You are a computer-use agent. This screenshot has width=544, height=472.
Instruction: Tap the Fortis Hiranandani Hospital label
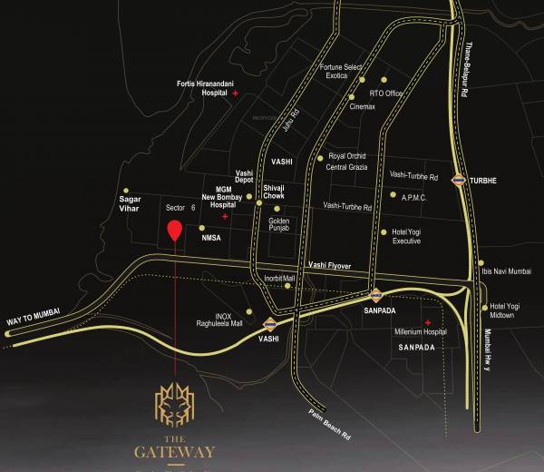(x=201, y=89)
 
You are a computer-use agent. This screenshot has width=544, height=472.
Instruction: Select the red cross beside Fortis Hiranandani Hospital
(x=235, y=93)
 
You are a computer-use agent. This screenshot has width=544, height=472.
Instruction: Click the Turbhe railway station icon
(x=460, y=180)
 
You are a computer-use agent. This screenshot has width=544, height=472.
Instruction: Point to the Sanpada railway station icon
(x=375, y=294)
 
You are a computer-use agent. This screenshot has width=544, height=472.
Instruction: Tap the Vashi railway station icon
(x=269, y=324)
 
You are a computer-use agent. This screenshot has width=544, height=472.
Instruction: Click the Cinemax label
(x=363, y=107)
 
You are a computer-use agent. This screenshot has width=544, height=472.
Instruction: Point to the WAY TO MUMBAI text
(x=33, y=312)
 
